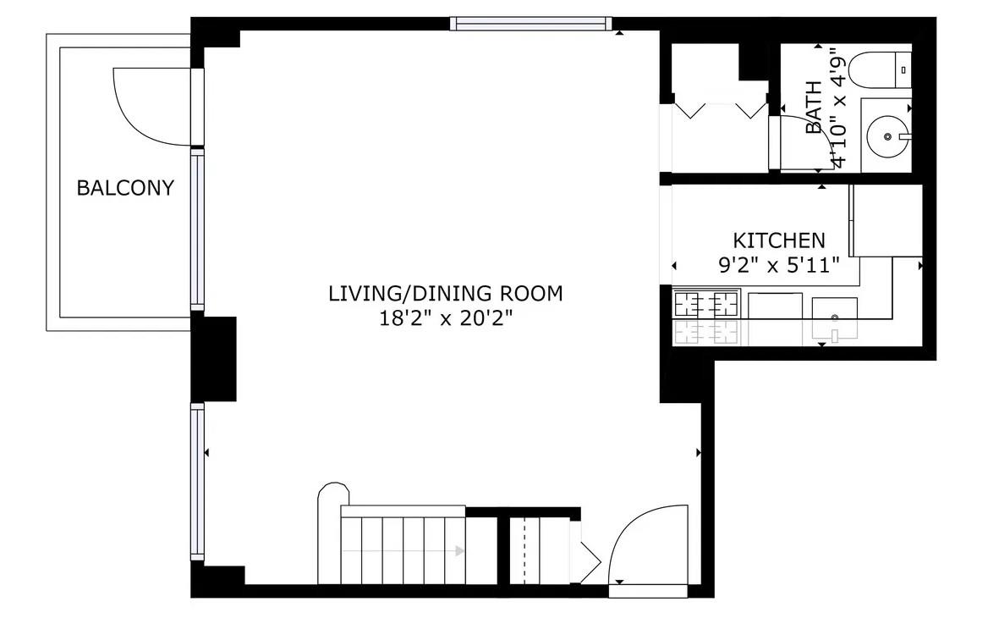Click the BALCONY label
coord(125,188)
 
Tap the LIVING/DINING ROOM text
coord(445,294)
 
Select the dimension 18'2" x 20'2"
coord(445,318)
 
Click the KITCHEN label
coord(778,240)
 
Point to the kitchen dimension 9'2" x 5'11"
coord(778,264)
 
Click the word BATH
coord(814,108)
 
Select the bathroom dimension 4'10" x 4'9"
coord(838,108)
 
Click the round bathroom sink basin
coord(886,135)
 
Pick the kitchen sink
coord(834,318)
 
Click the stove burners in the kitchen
coord(705,303)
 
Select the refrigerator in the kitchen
coord(886,220)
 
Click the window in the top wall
coord(530,24)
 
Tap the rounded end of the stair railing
coord(332,493)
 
